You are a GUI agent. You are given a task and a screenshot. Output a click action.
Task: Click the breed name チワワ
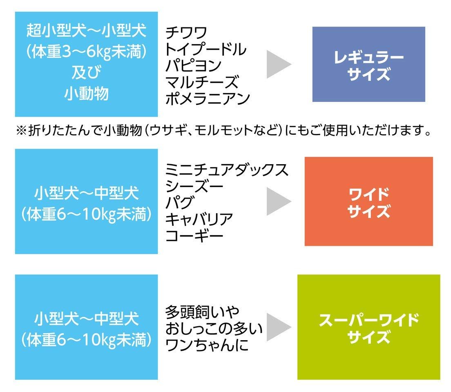pyautogui.click(x=186, y=33)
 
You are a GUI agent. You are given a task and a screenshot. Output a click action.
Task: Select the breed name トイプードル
pyautogui.click(x=205, y=49)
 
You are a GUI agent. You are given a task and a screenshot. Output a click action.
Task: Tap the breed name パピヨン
pyautogui.click(x=193, y=66)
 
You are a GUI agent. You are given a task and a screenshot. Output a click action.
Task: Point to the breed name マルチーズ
pyautogui.click(x=202, y=82)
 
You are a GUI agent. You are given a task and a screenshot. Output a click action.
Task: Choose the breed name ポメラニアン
pyautogui.click(x=208, y=98)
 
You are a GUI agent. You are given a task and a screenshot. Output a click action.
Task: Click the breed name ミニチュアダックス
pyautogui.click(x=227, y=170)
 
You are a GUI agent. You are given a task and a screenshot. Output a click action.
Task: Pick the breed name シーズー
pyautogui.click(x=194, y=186)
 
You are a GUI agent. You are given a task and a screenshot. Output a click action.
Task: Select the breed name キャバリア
pyautogui.click(x=199, y=219)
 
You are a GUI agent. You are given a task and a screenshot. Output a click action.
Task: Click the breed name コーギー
pyautogui.click(x=194, y=236)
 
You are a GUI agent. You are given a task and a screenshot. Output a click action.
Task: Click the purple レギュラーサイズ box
pyautogui.click(x=369, y=64)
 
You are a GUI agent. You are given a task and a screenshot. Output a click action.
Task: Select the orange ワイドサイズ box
pyautogui.click(x=369, y=201)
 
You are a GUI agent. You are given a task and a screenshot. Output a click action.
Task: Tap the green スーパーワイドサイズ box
pyautogui.click(x=369, y=327)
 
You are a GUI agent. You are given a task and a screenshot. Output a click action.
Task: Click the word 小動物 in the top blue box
pyautogui.click(x=86, y=94)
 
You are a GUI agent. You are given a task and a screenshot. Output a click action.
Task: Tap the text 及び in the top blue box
pyautogui.click(x=86, y=72)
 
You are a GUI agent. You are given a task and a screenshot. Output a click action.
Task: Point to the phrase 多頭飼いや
pyautogui.click(x=202, y=312)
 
